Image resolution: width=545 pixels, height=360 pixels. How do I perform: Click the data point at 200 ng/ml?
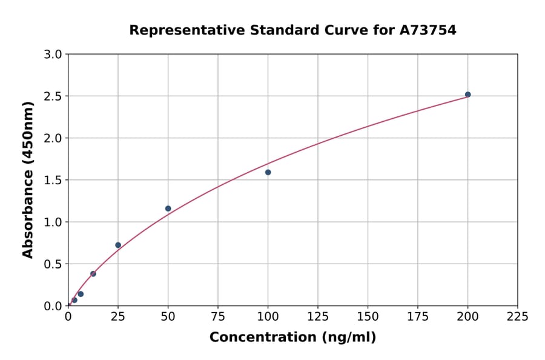pyautogui.click(x=467, y=95)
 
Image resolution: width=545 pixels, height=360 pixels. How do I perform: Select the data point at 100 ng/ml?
pyautogui.click(x=268, y=172)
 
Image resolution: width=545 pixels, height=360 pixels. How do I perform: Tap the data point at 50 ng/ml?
pyautogui.click(x=168, y=208)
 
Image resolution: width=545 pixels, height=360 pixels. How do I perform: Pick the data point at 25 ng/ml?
pyautogui.click(x=118, y=245)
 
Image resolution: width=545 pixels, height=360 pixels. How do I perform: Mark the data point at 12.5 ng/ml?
pyautogui.click(x=93, y=273)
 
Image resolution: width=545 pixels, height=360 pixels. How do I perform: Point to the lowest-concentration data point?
pyautogui.click(x=74, y=300)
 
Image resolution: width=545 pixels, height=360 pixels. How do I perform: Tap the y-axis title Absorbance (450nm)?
pyautogui.click(x=28, y=179)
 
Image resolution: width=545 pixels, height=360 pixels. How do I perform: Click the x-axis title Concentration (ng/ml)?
pyautogui.click(x=292, y=337)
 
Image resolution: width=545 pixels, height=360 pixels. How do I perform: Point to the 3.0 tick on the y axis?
pyautogui.click(x=54, y=55)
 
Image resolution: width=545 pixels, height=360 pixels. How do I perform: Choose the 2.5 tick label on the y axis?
pyautogui.click(x=54, y=96)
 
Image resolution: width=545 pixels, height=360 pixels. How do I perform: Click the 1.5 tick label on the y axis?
pyautogui.click(x=54, y=180)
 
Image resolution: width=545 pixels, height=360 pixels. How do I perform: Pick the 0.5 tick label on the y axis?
pyautogui.click(x=54, y=264)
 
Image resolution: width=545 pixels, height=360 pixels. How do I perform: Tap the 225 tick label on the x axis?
pyautogui.click(x=517, y=316)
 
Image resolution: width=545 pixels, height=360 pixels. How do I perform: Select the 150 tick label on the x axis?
pyautogui.click(x=368, y=316)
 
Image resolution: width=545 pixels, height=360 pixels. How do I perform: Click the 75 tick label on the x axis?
pyautogui.click(x=218, y=316)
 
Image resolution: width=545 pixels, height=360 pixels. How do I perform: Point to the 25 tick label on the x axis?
pyautogui.click(x=118, y=316)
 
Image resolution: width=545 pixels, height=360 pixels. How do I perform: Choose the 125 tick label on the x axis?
pyautogui.click(x=318, y=316)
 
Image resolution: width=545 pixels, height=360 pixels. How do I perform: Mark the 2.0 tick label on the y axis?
pyautogui.click(x=54, y=138)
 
